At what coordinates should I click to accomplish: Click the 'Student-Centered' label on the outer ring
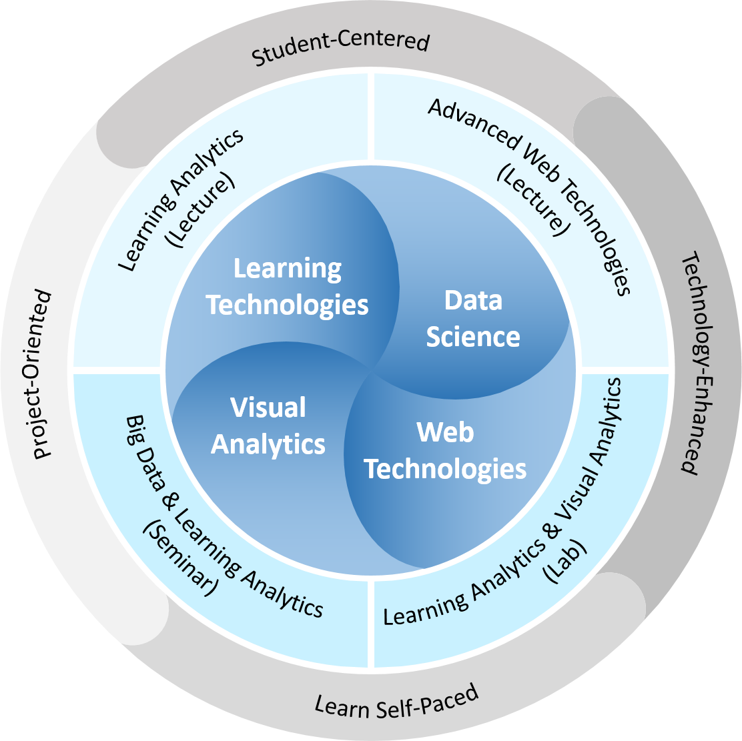tap(340, 49)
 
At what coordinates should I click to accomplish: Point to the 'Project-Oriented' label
tap(43, 374)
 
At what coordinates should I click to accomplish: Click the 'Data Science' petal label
tap(473, 319)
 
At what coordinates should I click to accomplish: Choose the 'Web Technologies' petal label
tap(445, 451)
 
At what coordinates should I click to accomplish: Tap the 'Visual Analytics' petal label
tap(268, 426)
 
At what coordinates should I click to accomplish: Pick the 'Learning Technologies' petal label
tap(287, 287)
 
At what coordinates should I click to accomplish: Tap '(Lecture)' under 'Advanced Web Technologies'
tap(534, 200)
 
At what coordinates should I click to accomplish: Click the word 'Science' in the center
tap(473, 336)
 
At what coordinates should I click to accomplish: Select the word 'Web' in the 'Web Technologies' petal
tap(445, 432)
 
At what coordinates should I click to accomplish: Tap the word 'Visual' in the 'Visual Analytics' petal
tap(268, 408)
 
